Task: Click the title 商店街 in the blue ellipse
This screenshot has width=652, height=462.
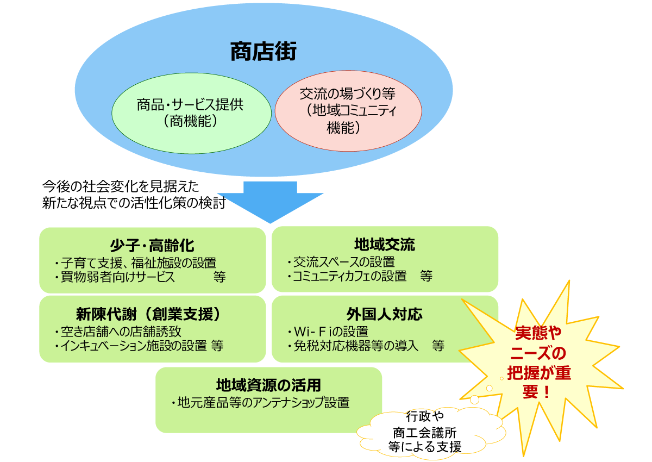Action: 264,53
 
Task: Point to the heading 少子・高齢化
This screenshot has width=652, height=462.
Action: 152,245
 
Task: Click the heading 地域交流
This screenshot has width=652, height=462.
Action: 385,245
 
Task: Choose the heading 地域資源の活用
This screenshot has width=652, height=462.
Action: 268,385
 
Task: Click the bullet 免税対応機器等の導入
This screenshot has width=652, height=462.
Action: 353,346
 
